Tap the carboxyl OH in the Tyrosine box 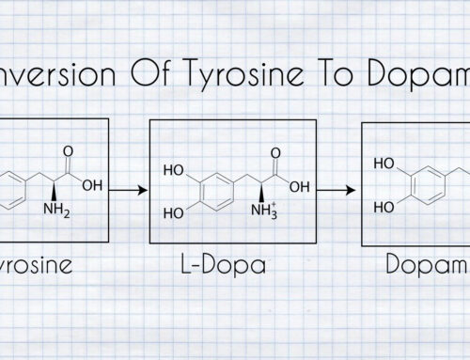pos(92,185)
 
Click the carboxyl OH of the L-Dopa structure pos(300,185)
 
